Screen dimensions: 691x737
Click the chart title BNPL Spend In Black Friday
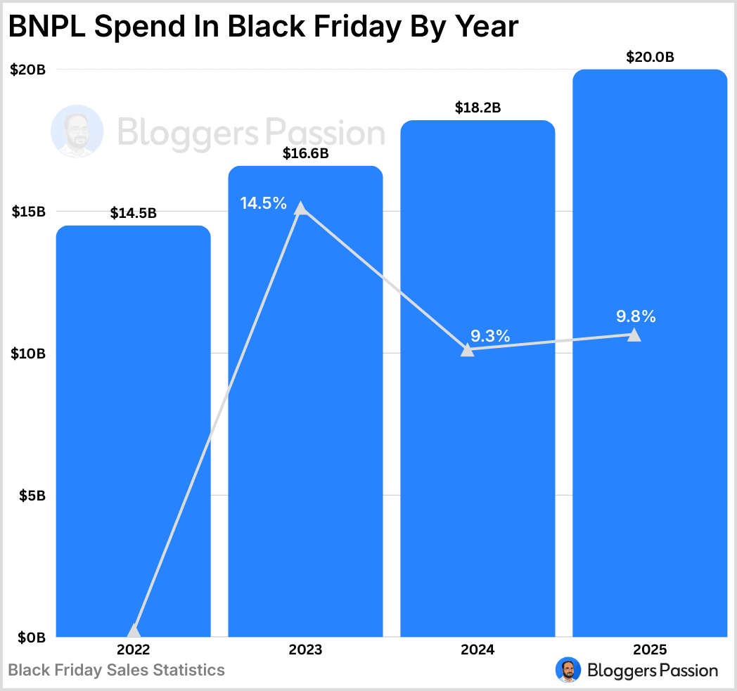(x=262, y=27)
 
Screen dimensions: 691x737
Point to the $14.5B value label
(x=133, y=214)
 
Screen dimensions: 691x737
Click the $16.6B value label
(x=305, y=154)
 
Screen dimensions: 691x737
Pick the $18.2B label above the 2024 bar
(x=478, y=108)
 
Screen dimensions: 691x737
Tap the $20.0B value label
(x=650, y=58)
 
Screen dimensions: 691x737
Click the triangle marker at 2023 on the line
(x=301, y=208)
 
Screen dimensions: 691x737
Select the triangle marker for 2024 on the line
(x=467, y=349)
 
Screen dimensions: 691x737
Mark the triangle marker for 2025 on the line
(x=634, y=335)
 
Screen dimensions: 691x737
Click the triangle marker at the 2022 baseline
(x=134, y=631)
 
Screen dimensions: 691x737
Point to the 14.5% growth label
(x=263, y=204)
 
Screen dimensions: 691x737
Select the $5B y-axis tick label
(x=32, y=496)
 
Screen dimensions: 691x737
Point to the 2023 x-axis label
(x=305, y=650)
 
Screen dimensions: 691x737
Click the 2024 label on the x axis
(x=478, y=650)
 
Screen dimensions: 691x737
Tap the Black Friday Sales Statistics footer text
(x=117, y=670)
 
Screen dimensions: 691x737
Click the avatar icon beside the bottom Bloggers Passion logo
(x=568, y=670)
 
